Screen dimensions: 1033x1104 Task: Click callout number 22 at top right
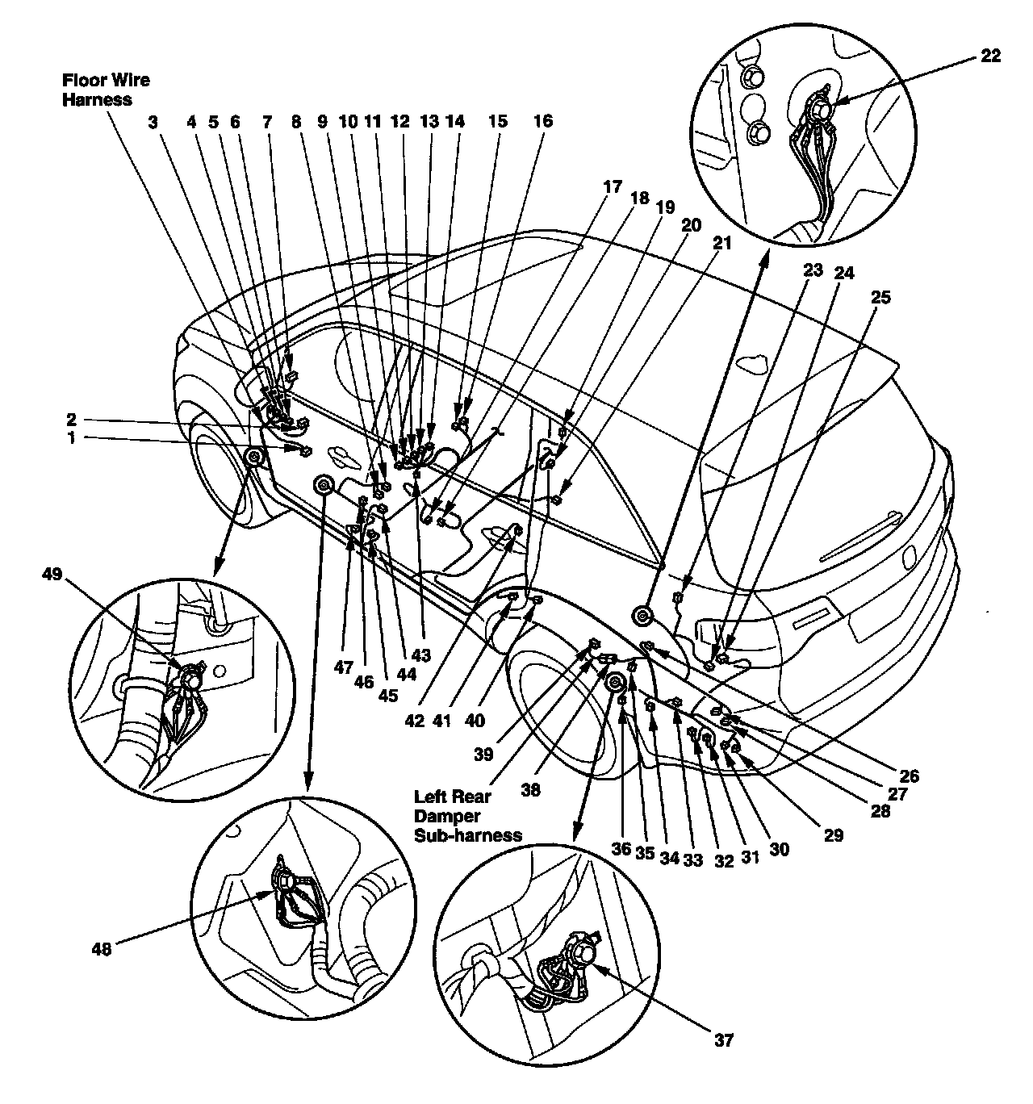tap(990, 56)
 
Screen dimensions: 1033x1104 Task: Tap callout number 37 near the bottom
tap(723, 1039)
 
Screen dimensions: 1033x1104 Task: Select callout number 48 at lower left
tap(102, 948)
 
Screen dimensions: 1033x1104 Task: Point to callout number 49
tap(52, 574)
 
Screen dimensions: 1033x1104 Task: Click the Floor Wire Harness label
tap(106, 90)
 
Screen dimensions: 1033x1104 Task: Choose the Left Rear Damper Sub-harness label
tap(467, 816)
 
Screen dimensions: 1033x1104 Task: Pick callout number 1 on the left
tap(71, 437)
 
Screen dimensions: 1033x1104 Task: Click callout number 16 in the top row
tap(543, 120)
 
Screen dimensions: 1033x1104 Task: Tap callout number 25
tap(880, 297)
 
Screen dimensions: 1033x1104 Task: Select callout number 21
tap(721, 243)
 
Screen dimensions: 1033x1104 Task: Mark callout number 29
tap(833, 835)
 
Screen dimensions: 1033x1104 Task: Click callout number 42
tap(415, 721)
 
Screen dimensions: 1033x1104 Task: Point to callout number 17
tap(612, 186)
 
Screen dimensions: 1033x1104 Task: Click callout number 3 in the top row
tap(153, 121)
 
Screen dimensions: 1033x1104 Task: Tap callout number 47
tap(344, 667)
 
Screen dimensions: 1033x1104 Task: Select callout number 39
tap(483, 755)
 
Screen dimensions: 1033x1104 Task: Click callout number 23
tap(813, 270)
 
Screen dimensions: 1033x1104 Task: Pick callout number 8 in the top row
tap(296, 121)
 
